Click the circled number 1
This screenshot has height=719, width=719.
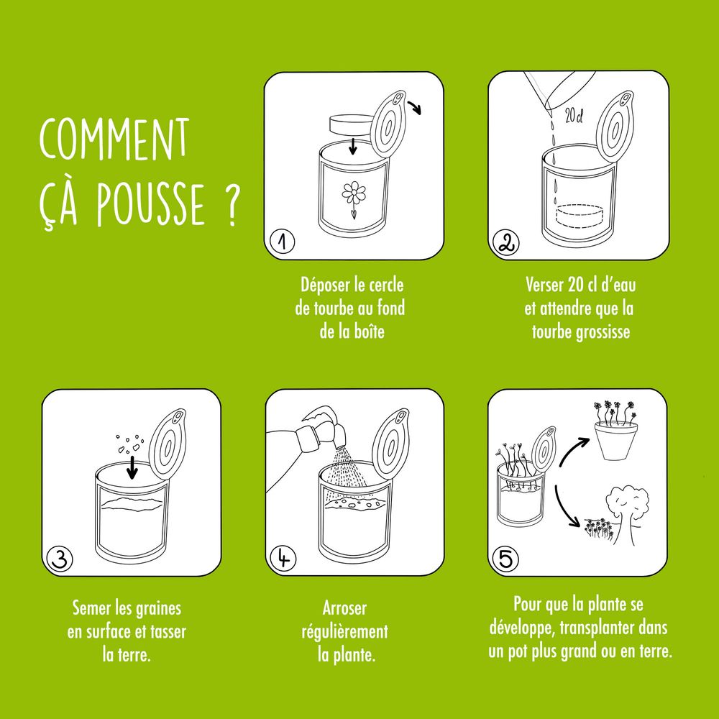pyautogui.click(x=282, y=243)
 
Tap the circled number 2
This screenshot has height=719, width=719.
pyautogui.click(x=505, y=243)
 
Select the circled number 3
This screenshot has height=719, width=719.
pyautogui.click(x=59, y=558)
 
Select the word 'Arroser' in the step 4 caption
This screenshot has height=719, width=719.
pyautogui.click(x=345, y=608)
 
